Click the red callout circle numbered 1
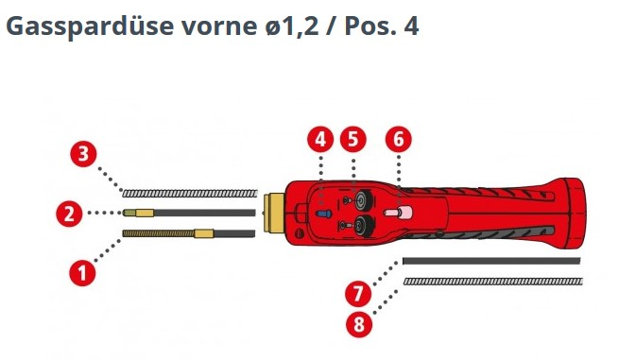[83, 273]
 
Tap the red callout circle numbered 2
[66, 214]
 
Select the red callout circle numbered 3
[84, 154]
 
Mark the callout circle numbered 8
[359, 323]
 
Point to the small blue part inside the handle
[324, 214]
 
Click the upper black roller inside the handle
[360, 200]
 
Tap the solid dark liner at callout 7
[491, 261]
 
